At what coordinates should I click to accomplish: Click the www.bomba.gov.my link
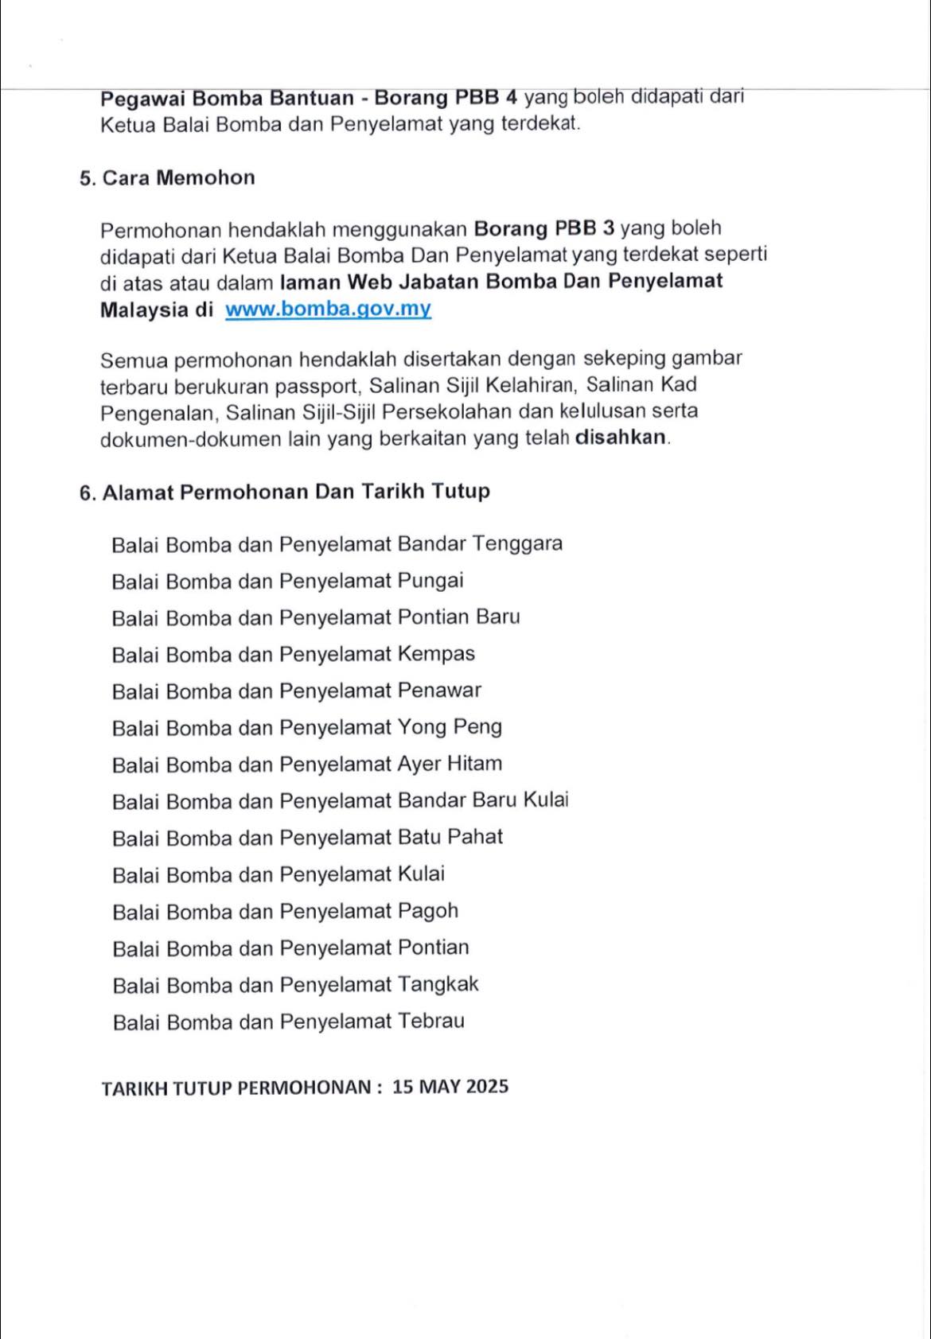click(x=328, y=309)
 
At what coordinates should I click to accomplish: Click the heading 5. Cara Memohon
click(x=167, y=177)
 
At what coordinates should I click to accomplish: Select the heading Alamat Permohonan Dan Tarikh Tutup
click(x=295, y=492)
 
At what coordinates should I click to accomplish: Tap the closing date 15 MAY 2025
click(x=450, y=1087)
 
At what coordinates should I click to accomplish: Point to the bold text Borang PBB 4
click(x=446, y=98)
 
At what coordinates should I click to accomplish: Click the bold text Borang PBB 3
click(x=544, y=229)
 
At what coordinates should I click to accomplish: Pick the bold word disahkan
click(x=621, y=438)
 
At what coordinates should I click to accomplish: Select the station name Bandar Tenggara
click(x=480, y=544)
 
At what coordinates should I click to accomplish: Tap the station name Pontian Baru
click(x=458, y=617)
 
